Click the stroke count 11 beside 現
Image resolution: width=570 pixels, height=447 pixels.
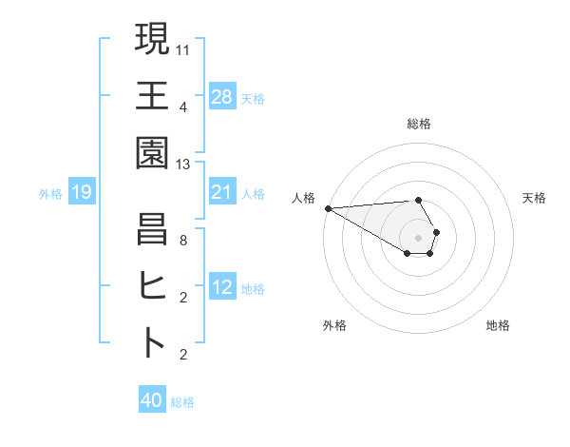pos(183,49)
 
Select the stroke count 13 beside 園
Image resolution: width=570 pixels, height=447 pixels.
pos(183,164)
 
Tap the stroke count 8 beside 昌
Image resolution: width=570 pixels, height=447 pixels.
pos(183,240)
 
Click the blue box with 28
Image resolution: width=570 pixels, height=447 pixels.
pos(222,97)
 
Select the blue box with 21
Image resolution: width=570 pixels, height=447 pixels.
pos(222,193)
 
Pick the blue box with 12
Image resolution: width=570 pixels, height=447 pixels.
pos(222,288)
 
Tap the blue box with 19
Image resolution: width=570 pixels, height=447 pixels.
pos(82,193)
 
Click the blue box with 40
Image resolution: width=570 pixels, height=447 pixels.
pos(152,400)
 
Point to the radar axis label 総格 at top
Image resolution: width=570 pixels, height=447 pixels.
pos(418,124)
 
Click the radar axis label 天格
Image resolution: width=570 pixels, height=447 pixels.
pos(535,198)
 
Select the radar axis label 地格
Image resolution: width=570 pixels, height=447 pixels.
pos(498,325)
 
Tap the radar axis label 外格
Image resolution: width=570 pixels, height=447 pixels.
pos(334,325)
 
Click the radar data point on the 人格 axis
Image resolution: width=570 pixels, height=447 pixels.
pos(328,207)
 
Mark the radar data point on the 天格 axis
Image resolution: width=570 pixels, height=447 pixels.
pos(436,232)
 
